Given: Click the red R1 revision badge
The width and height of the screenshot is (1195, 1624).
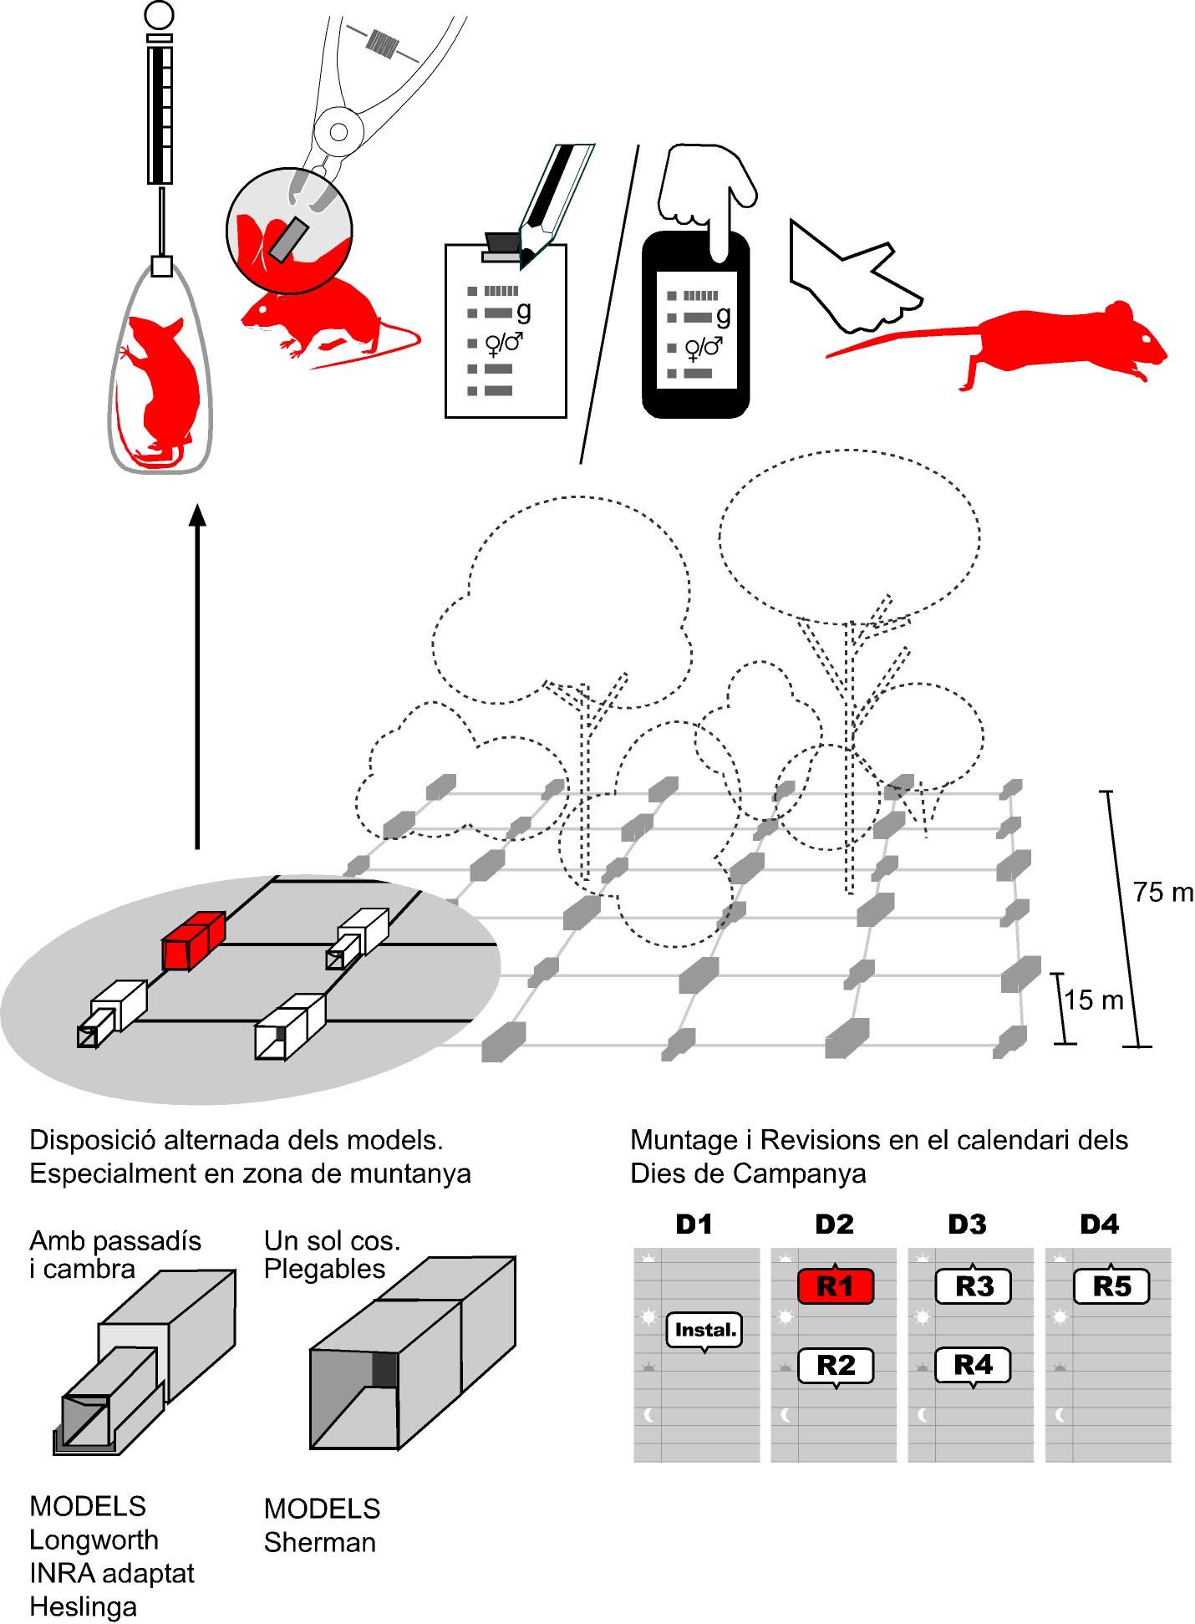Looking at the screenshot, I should pos(836,1286).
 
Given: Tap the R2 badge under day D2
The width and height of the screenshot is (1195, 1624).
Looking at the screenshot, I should pos(836,1366).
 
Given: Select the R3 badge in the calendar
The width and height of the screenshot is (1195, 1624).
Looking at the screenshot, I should pos(974,1286).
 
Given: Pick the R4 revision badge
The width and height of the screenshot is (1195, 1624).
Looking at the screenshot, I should pos(974,1365).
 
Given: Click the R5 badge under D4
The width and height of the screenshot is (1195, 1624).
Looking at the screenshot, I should pos(1111,1286).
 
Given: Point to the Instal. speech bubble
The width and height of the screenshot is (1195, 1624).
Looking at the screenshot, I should pos(704,1330).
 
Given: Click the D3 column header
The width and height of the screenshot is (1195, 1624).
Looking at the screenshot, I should pos(967,1224).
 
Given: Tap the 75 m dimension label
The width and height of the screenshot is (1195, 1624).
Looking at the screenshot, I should pos(1162,893).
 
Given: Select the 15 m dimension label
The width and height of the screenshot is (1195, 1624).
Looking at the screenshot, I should pos(1093,1000).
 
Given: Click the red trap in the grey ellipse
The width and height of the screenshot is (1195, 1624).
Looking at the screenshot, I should pos(193,941).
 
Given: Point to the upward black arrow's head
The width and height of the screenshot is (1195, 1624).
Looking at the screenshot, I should pos(198,515).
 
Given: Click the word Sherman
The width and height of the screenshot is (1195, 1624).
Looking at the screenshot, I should pos(319,1542).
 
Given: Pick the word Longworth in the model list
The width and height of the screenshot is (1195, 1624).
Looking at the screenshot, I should pos(94,1540).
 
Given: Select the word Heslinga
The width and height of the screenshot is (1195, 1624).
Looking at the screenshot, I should pos(83,1606).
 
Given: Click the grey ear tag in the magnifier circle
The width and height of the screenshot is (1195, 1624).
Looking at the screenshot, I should pos(289,239).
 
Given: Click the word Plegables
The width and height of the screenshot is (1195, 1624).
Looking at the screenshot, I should pos(324,1269).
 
